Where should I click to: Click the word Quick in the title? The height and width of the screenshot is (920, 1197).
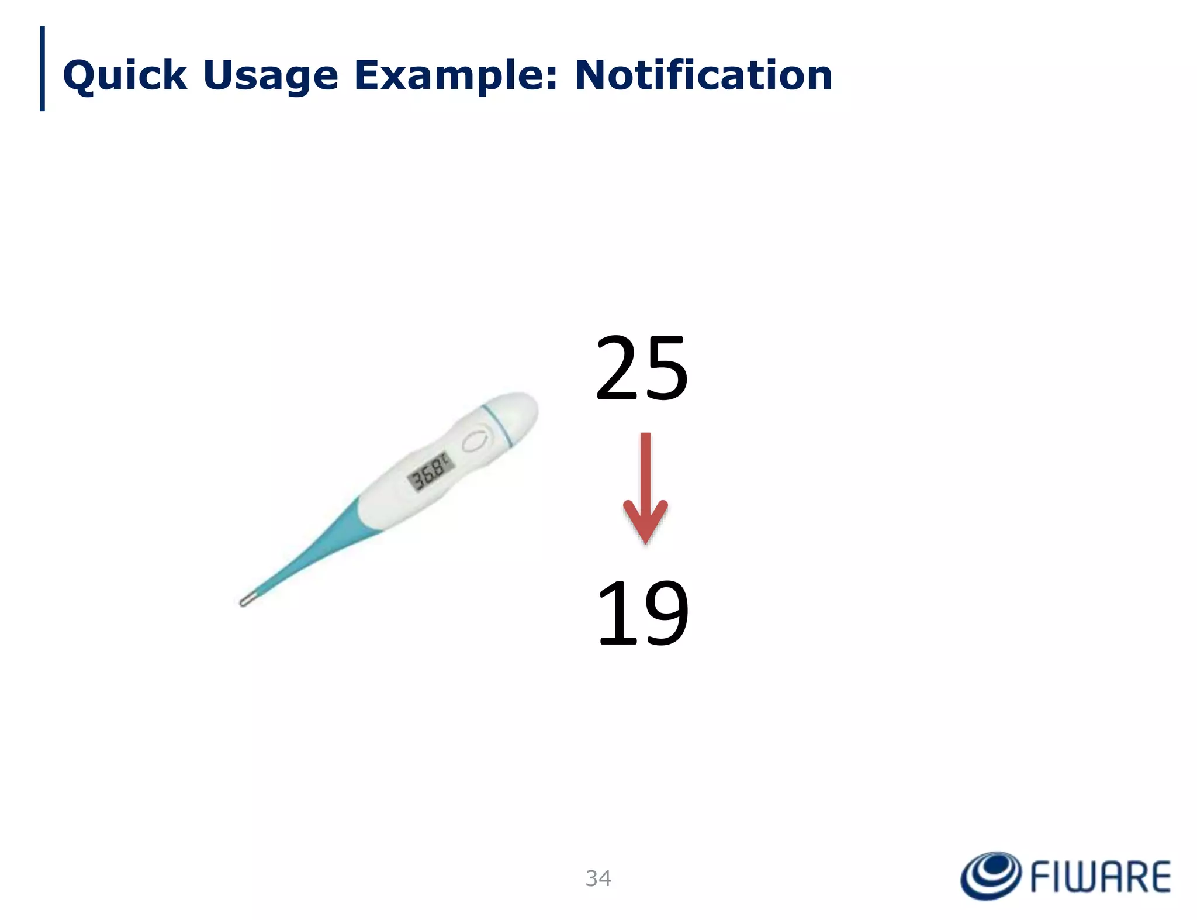pyautogui.click(x=124, y=75)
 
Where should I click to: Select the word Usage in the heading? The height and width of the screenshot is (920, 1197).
pyautogui.click(x=270, y=75)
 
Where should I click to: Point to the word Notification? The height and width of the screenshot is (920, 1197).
pyautogui.click(x=703, y=75)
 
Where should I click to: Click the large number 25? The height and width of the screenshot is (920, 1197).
pyautogui.click(x=642, y=368)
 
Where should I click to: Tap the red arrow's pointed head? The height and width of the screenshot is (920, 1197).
pyautogui.click(x=645, y=523)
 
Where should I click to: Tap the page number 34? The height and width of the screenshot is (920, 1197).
pyautogui.click(x=598, y=878)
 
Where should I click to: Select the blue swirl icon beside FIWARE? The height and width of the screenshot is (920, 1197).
pyautogui.click(x=990, y=876)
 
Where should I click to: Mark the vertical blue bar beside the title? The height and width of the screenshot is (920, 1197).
pyautogui.click(x=42, y=68)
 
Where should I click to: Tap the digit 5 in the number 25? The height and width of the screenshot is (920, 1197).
pyautogui.click(x=666, y=368)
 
